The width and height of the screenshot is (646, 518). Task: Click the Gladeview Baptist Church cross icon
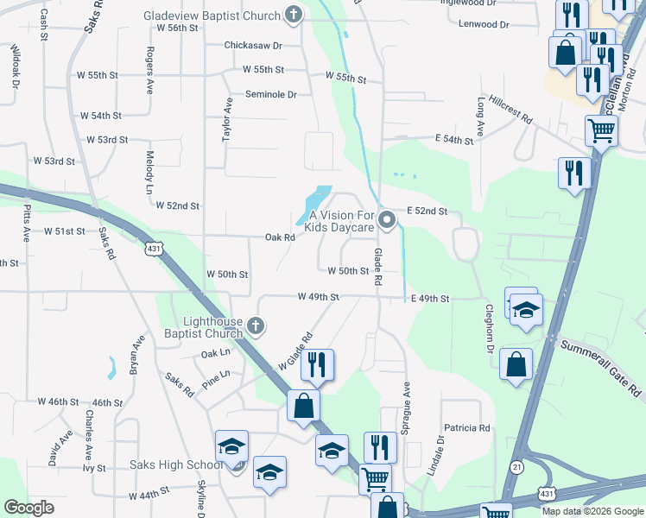(x=294, y=15)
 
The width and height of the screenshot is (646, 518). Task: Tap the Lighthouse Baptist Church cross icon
(x=254, y=325)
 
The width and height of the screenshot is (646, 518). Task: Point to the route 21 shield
(x=516, y=466)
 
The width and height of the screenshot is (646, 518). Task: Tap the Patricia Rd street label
(x=467, y=427)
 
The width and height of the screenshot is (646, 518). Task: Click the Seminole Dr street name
(x=270, y=94)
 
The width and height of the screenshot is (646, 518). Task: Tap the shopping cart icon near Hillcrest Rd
(x=601, y=132)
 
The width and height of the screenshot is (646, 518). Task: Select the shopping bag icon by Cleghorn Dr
(x=516, y=364)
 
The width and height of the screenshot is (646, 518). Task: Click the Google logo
(x=29, y=508)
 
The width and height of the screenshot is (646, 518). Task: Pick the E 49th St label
(x=430, y=299)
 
